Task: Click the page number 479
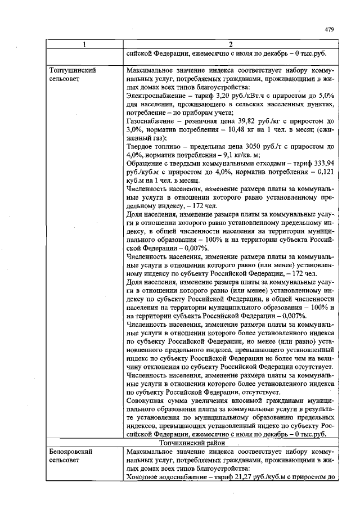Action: pos(330,29)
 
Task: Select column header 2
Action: pos(231,44)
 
